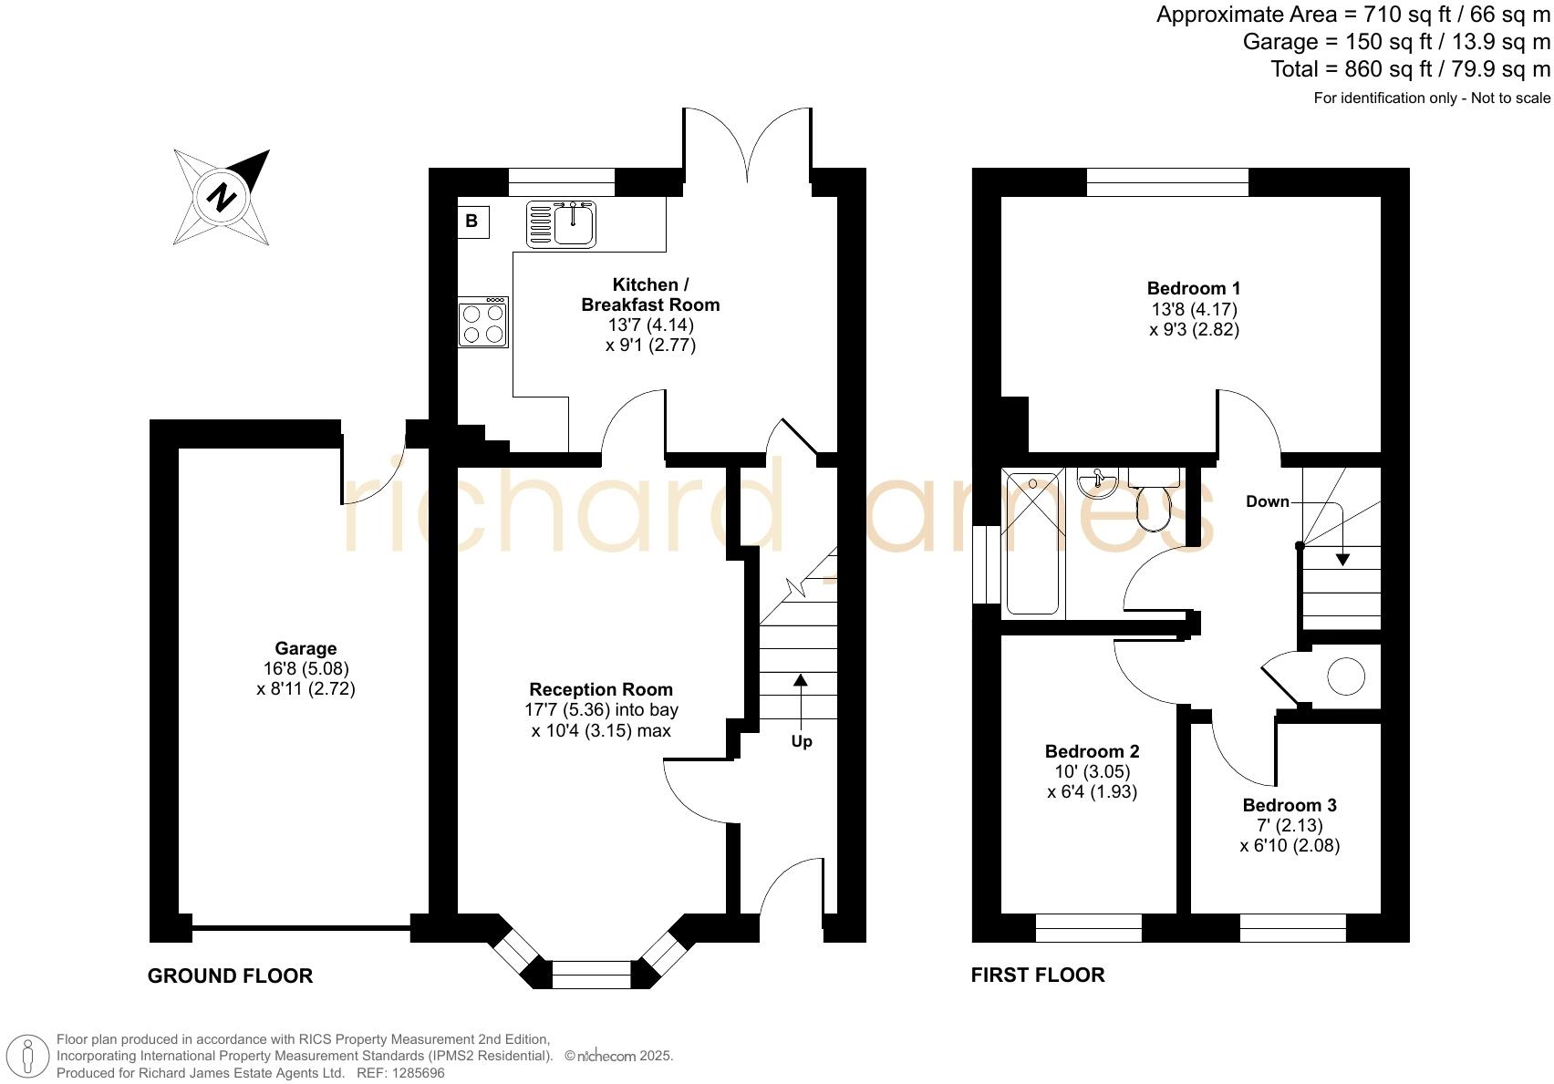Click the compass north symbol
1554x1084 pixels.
point(222,197)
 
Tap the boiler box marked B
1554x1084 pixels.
point(472,222)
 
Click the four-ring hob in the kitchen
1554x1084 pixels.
point(483,323)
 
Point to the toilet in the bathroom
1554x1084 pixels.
point(1154,504)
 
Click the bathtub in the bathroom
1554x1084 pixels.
point(1033,543)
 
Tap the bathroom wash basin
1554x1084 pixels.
point(1097,481)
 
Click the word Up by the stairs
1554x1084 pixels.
point(801,741)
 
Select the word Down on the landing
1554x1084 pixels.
point(1267,501)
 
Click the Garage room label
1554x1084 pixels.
point(306,648)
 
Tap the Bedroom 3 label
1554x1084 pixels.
point(1289,805)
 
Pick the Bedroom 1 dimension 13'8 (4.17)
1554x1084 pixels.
point(1194,309)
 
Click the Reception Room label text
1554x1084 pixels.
point(601,689)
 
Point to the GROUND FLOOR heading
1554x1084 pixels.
point(230,976)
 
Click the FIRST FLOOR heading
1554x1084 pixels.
point(1037,976)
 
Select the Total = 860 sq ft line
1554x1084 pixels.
point(1410,69)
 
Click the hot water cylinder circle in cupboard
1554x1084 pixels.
point(1345,676)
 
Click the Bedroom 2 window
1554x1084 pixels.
point(1088,928)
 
